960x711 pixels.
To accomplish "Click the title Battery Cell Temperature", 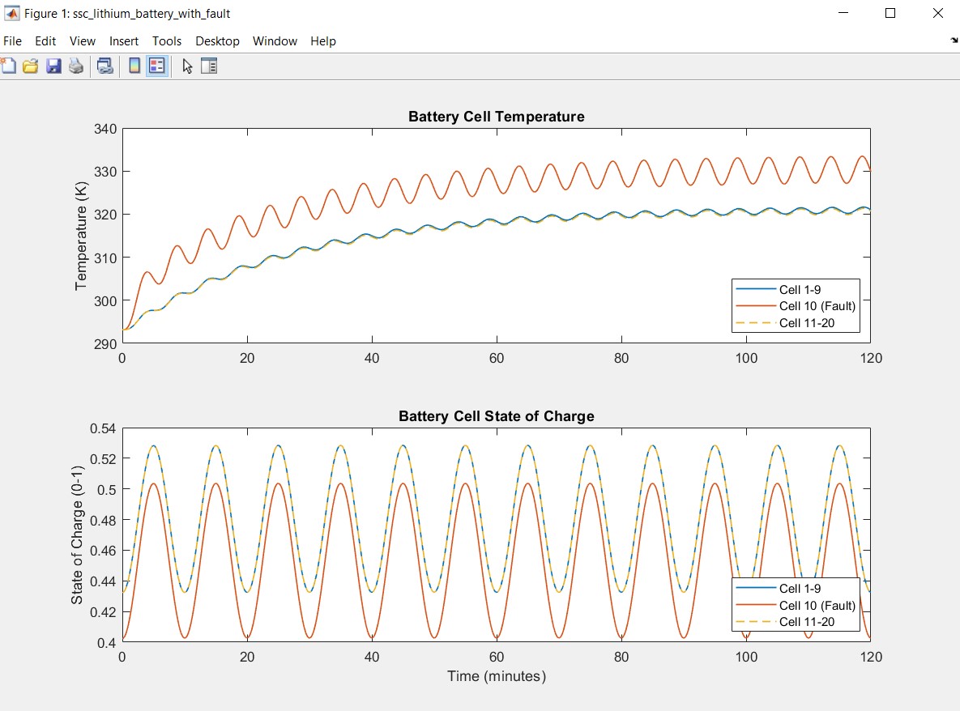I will point(496,117).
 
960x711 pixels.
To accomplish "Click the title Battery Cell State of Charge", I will point(496,416).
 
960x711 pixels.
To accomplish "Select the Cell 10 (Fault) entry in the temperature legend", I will point(817,306).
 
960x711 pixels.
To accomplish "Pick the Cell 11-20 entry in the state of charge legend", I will point(806,622).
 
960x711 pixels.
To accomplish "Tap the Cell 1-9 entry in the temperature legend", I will point(800,289).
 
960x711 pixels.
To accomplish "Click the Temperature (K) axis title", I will point(80,236).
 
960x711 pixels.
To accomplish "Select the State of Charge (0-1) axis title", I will point(77,534).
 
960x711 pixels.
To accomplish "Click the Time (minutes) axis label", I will point(496,676).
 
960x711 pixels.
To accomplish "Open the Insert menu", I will point(124,41).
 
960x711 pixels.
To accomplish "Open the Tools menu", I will point(167,41).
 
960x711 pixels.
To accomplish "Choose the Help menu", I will point(322,41).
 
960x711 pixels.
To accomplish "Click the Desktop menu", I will point(217,41).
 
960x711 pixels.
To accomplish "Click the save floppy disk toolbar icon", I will point(53,66).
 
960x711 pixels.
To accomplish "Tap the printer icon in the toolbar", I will point(76,66).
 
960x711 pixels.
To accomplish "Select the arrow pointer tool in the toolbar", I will point(187,66).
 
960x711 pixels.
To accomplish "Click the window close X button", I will point(938,13).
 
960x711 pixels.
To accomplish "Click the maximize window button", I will point(890,13).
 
